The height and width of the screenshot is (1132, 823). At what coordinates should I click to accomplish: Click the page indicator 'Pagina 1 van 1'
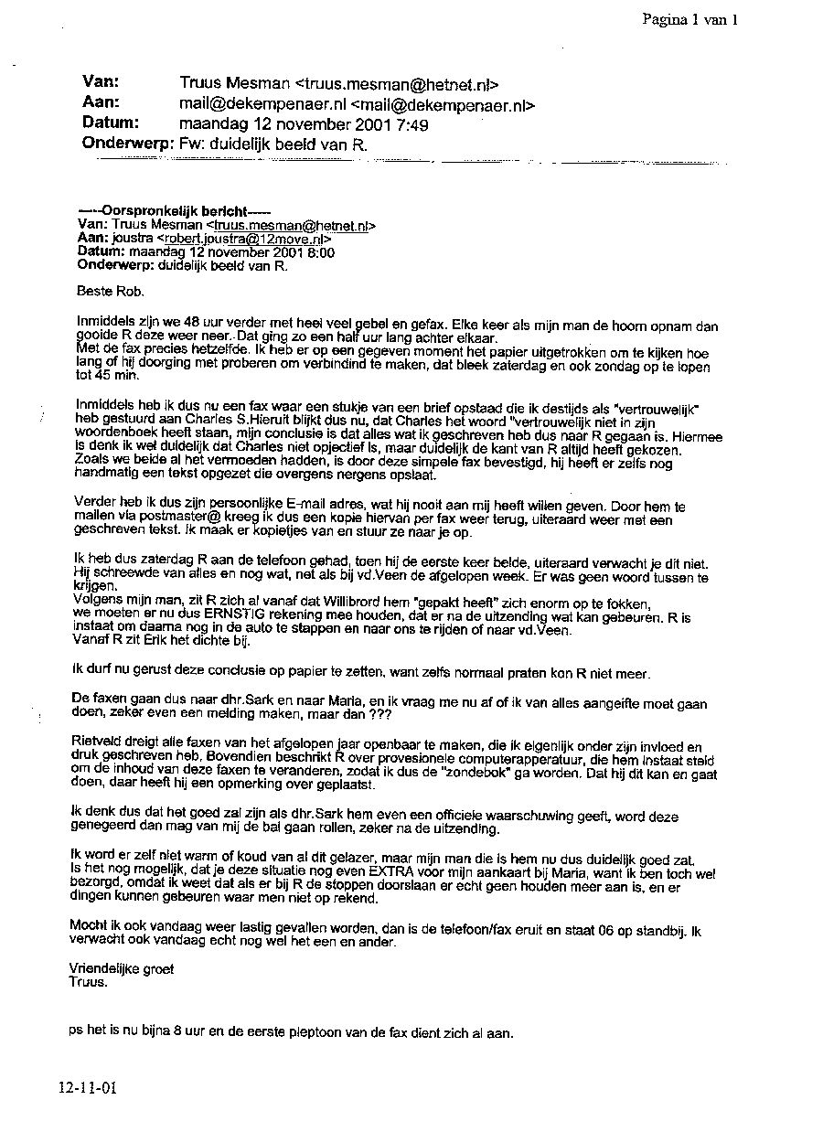pyautogui.click(x=689, y=19)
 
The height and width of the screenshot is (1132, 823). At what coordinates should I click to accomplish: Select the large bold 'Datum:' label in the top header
pyautogui.click(x=111, y=123)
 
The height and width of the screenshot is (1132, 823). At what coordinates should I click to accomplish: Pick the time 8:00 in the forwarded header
pyautogui.click(x=320, y=252)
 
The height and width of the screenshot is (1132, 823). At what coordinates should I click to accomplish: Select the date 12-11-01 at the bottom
pyautogui.click(x=87, y=1088)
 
